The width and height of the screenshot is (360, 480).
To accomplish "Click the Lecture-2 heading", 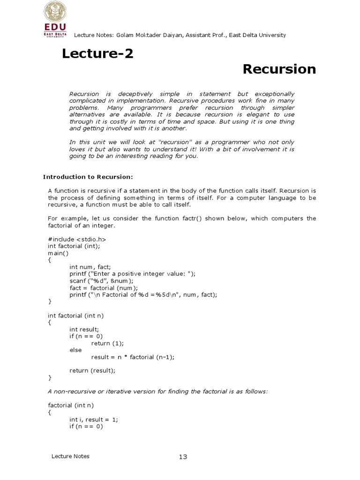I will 97,54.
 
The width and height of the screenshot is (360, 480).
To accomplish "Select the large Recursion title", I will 279,69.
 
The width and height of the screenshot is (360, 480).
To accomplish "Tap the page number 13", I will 183,457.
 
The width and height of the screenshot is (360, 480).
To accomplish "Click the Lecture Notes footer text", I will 70,456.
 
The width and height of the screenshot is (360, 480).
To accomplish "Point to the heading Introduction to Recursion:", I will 88,177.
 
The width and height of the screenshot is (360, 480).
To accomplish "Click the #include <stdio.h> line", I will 73,240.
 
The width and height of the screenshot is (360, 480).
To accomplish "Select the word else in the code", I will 75,350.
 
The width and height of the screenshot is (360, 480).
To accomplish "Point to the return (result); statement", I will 92,370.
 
